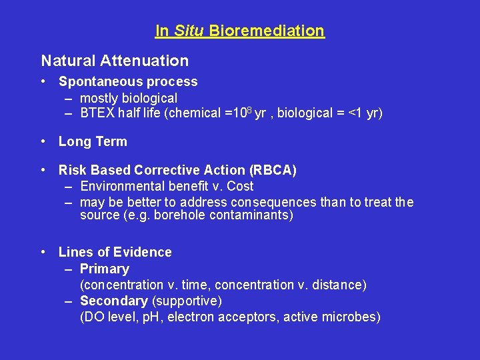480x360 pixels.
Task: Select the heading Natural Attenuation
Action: pyautogui.click(x=115, y=61)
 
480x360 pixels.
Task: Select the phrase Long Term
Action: pyautogui.click(x=93, y=141)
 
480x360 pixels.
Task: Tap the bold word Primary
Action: pyautogui.click(x=104, y=269)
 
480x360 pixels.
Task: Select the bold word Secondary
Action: pyautogui.click(x=113, y=301)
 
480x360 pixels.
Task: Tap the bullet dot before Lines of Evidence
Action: pyautogui.click(x=43, y=252)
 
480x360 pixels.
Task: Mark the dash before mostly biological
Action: pyautogui.click(x=69, y=97)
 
